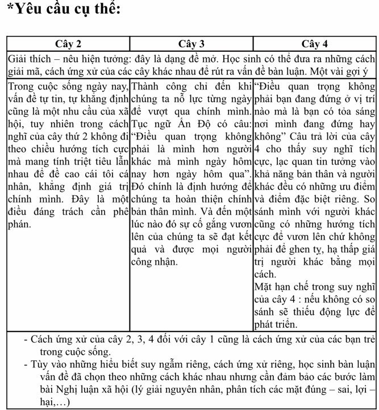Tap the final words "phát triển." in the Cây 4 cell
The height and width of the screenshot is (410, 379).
coord(277,325)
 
